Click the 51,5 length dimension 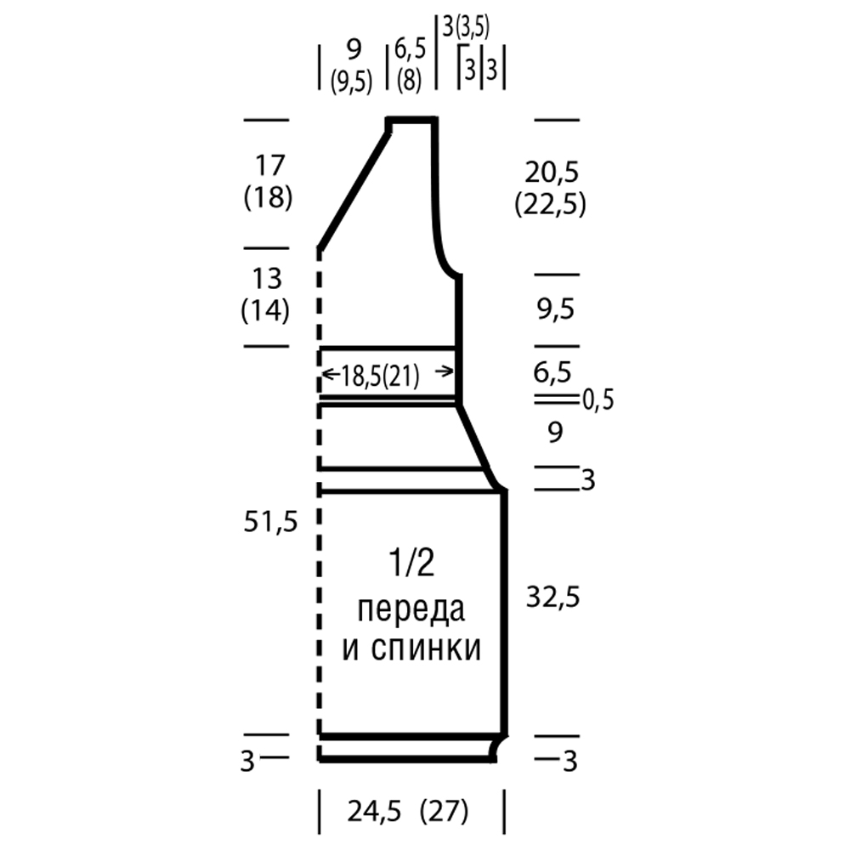coord(270,522)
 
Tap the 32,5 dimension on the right coord(553,598)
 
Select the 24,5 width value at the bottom coord(374,812)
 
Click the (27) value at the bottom coord(444,812)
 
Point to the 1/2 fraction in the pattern coord(411,563)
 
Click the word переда coord(411,609)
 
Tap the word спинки coord(426,649)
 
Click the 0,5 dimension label coord(598,400)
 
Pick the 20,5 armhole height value coord(552,173)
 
